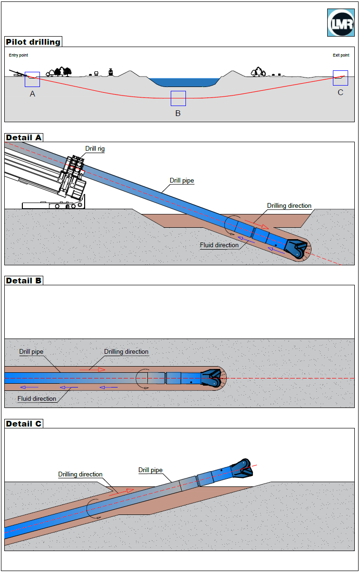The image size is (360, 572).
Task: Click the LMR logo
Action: click(341, 22)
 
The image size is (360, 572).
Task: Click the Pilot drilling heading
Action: click(33, 42)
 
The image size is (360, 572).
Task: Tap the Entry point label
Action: click(19, 55)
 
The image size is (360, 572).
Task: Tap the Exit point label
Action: click(341, 55)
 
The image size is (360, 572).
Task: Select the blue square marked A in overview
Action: click(32, 79)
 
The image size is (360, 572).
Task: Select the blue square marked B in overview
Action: click(178, 98)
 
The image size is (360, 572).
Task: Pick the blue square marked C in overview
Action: click(341, 78)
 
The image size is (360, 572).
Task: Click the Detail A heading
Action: click(24, 137)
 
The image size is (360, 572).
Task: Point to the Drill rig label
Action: click(95, 149)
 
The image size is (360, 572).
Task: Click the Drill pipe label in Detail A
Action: click(182, 181)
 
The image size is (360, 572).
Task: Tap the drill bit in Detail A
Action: click(296, 250)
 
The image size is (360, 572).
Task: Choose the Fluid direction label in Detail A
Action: click(219, 245)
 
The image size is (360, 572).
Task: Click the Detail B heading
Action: click(24, 281)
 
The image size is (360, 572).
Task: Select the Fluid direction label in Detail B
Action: click(37, 398)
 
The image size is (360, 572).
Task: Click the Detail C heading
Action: click(24, 424)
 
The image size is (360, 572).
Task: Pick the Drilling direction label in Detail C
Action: click(80, 475)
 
